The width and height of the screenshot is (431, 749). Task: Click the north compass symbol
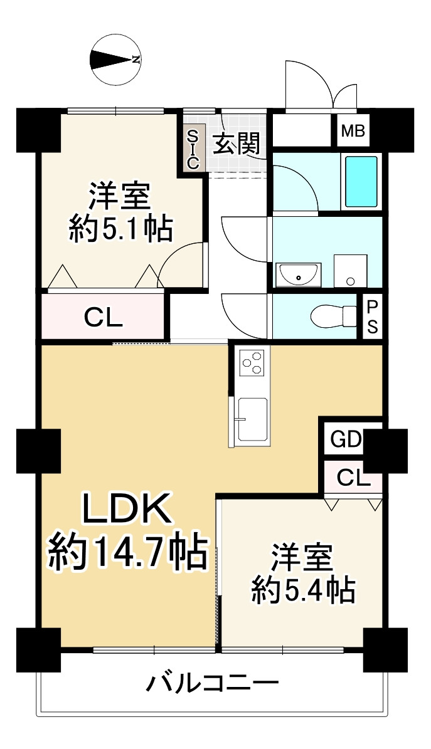115,60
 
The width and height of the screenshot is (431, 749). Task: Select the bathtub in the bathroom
361,182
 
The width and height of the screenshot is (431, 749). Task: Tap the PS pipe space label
372,317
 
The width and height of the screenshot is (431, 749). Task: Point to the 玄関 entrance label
236,145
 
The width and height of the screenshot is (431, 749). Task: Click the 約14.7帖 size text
128,551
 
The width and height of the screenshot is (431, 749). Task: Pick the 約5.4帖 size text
303,590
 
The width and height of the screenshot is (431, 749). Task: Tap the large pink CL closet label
104,318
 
